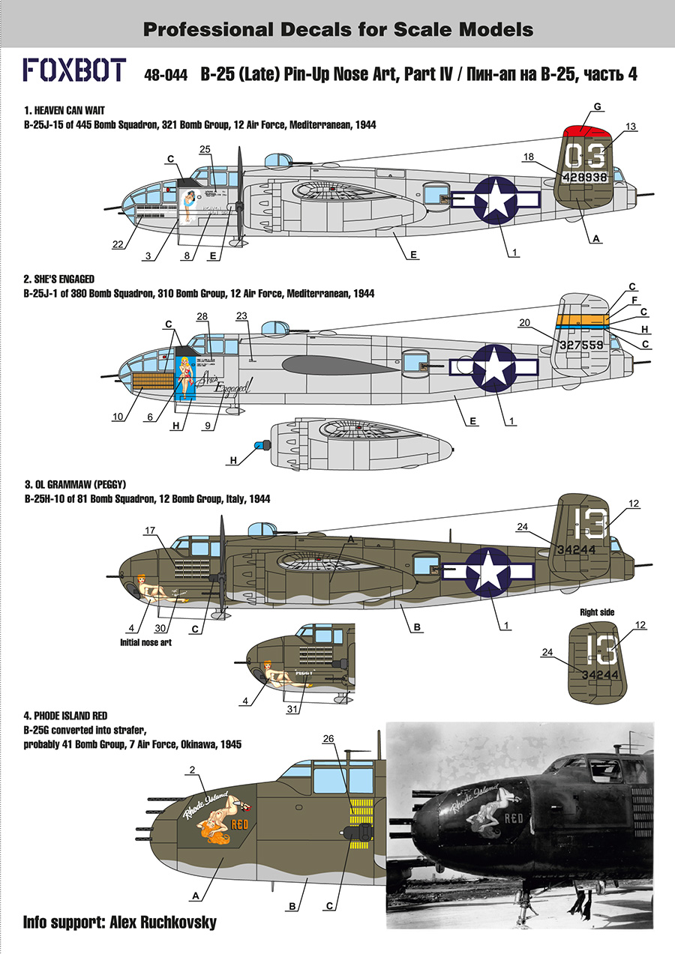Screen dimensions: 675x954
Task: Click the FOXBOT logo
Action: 74,70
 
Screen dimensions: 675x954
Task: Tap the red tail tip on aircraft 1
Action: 586,130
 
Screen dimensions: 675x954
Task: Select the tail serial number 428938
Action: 584,177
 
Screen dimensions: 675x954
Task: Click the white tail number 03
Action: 585,155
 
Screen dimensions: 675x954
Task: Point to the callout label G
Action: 598,106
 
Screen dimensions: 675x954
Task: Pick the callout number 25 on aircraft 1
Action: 205,149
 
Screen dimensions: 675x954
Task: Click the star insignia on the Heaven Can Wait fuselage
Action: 496,200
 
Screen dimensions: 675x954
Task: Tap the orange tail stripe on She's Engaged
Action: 582,319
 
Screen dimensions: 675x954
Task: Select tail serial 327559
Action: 581,345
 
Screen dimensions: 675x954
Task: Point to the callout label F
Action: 634,301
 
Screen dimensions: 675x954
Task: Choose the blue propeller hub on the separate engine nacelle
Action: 259,445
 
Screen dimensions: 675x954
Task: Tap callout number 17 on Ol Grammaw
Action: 150,531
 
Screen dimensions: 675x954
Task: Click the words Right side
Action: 597,612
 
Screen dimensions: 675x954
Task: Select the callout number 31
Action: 292,709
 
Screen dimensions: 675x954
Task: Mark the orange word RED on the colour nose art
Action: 239,824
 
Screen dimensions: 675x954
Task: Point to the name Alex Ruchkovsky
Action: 163,923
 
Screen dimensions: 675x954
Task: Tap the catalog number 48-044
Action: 166,76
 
